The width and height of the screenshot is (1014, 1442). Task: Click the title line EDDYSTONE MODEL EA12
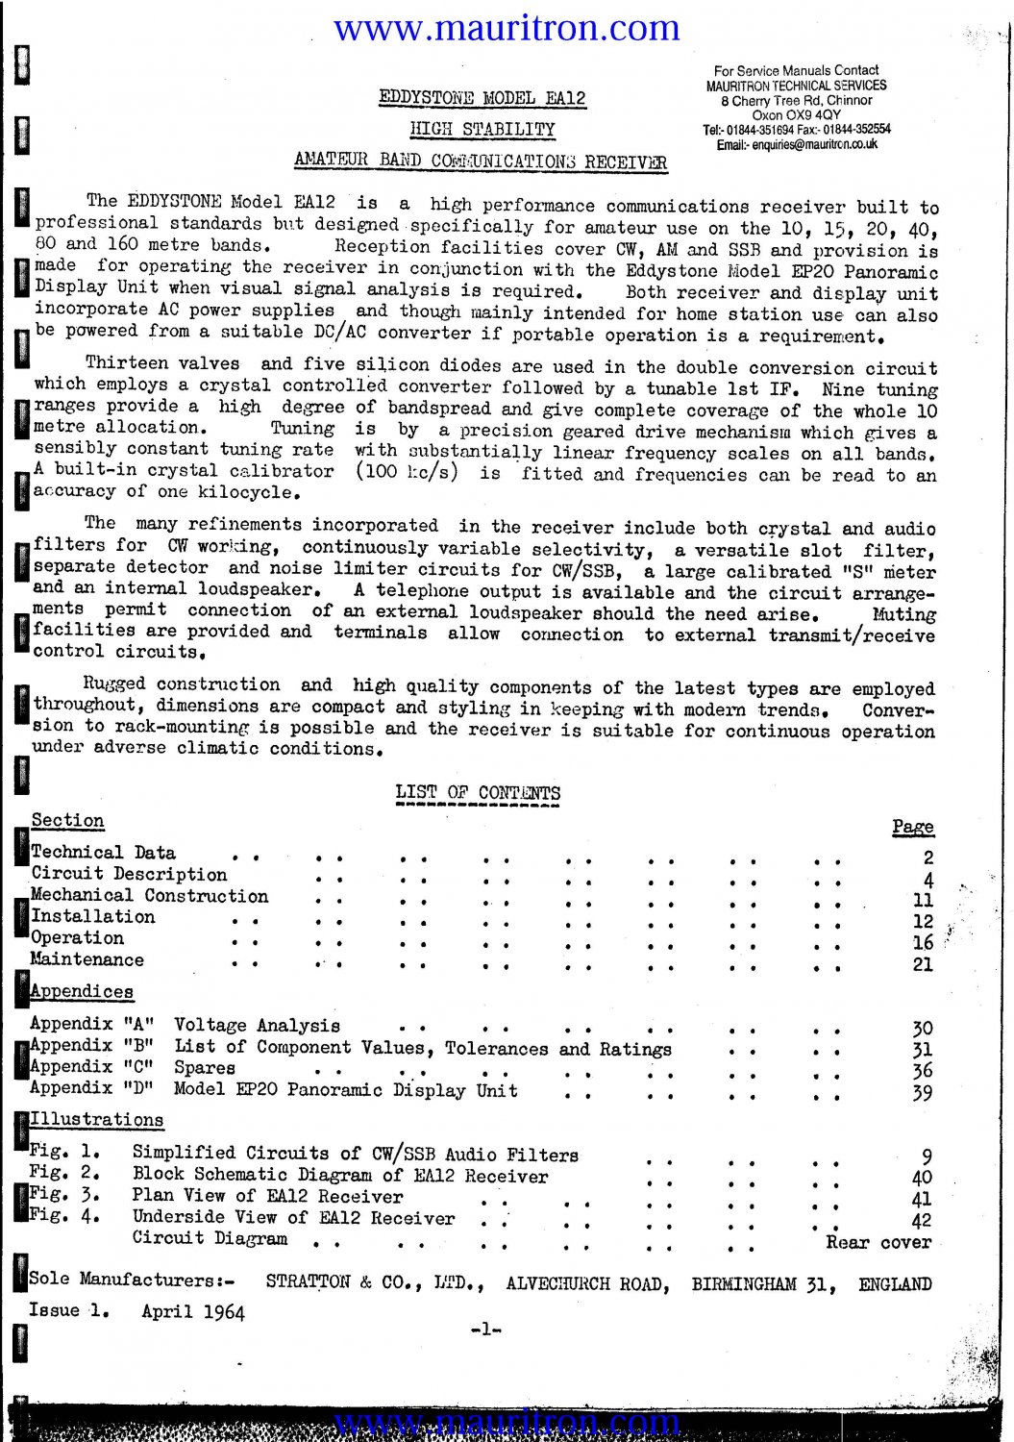point(482,98)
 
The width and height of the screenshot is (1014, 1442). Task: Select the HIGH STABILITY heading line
point(482,130)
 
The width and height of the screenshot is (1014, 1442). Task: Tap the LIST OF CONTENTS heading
point(478,793)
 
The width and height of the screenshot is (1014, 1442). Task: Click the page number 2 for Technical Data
point(927,858)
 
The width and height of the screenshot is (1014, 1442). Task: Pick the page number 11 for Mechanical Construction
point(923,901)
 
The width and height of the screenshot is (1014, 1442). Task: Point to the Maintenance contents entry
point(87,959)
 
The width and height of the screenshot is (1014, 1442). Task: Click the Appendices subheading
point(82,991)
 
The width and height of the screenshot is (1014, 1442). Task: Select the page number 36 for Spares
point(922,1071)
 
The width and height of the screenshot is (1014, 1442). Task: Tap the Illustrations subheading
point(96,1120)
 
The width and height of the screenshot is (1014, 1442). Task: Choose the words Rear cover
point(878,1242)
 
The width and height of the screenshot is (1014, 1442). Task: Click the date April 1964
point(192,1311)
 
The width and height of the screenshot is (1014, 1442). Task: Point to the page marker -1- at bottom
point(485,1330)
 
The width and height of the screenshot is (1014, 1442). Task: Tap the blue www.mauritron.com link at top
point(507,28)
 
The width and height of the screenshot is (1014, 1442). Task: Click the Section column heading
point(67,821)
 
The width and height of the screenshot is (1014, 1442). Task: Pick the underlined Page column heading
point(912,827)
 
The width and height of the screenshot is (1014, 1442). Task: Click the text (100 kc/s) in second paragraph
point(407,472)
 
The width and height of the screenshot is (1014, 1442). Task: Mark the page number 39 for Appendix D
point(922,1093)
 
